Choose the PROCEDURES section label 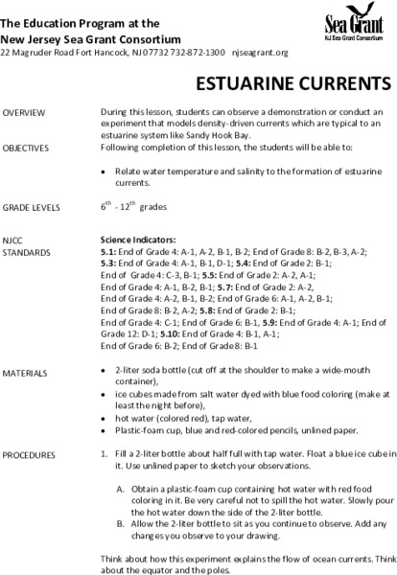point(30,451)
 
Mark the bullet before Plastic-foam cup point(104,426)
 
